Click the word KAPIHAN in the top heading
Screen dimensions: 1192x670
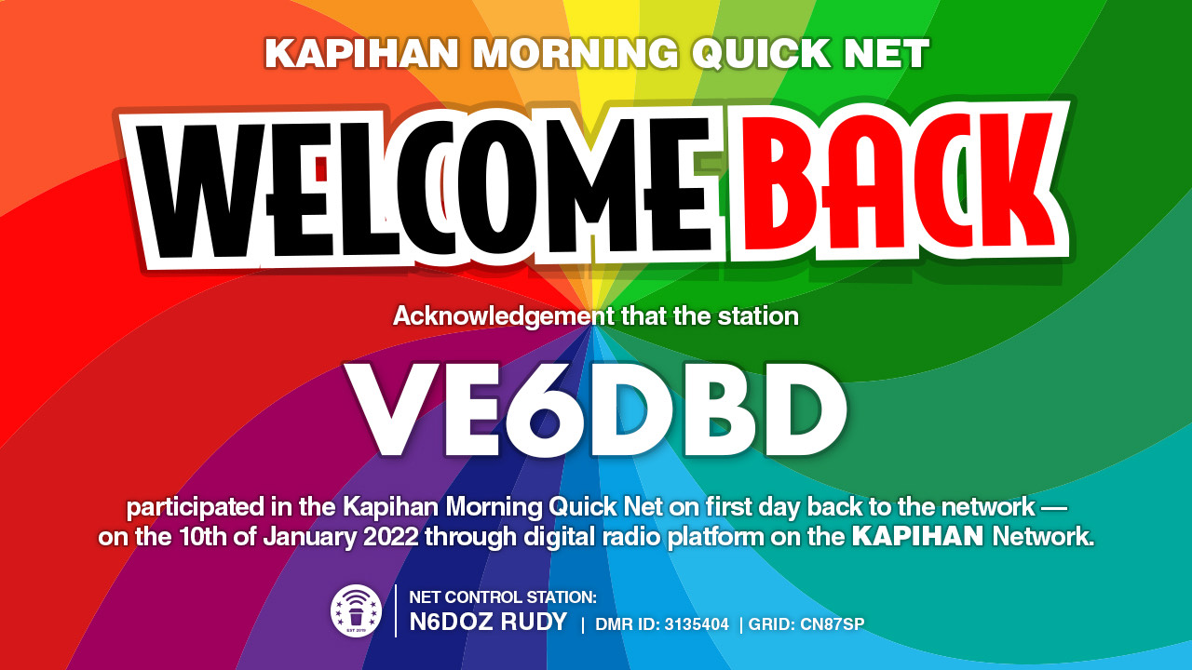[x=362, y=53]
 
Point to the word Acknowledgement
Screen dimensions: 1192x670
[x=504, y=317]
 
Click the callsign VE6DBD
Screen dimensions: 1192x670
[x=595, y=410]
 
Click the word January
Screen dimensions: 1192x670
[x=309, y=537]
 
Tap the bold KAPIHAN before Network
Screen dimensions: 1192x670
[x=918, y=536]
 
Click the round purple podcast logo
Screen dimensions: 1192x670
[x=356, y=611]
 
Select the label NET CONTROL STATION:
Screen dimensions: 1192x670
[x=503, y=597]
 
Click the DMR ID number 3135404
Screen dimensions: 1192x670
[x=697, y=624]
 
